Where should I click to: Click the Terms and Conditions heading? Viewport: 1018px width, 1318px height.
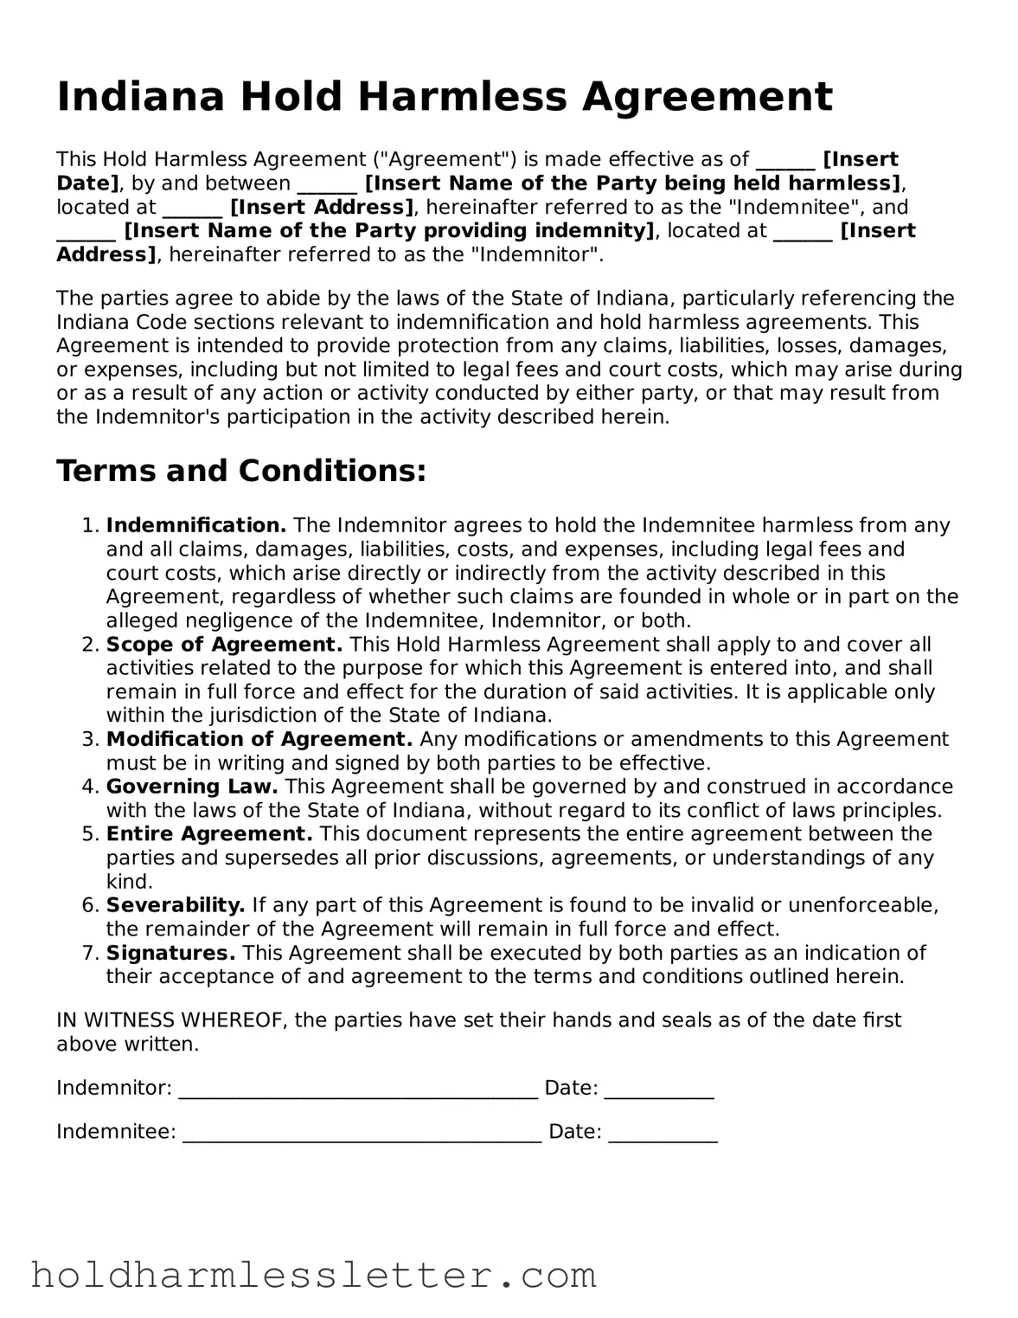[x=241, y=471]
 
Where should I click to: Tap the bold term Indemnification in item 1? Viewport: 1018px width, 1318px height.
[x=196, y=525]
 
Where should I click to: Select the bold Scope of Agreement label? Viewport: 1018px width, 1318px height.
[x=224, y=645]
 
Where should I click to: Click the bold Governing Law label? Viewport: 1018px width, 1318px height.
[x=191, y=787]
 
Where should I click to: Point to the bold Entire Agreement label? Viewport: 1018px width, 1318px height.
[x=208, y=834]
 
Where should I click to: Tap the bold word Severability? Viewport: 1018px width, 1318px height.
[x=176, y=905]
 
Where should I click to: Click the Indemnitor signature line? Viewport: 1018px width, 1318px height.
[x=358, y=1090]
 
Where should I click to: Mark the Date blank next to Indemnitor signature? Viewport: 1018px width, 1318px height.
[x=659, y=1090]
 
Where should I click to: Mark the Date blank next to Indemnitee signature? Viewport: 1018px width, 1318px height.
[x=663, y=1133]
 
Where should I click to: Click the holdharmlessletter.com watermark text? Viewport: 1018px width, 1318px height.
[x=313, y=1276]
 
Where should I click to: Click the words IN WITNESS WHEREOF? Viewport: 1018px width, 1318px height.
[x=171, y=1020]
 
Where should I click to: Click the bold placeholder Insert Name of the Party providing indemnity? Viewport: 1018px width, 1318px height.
[x=390, y=231]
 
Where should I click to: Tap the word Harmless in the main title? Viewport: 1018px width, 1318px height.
[x=462, y=97]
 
